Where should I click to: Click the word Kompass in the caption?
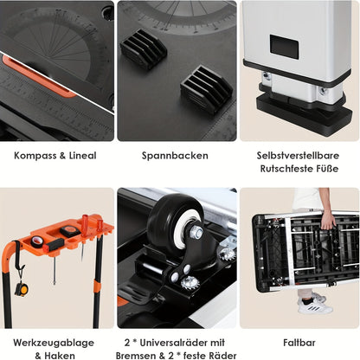(35, 156)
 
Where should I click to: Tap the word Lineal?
(82, 156)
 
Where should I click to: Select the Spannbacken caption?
(175, 156)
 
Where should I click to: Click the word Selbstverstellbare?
(298, 156)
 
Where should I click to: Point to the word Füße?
(327, 169)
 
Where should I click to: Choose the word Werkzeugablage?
(54, 343)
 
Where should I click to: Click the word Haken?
(60, 356)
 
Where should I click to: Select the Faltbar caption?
(299, 343)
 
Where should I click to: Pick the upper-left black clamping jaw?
(144, 49)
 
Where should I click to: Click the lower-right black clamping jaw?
(206, 89)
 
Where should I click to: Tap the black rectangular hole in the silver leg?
(284, 47)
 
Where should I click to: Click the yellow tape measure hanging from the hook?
(22, 289)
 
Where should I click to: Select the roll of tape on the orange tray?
(37, 241)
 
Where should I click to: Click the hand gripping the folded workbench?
(328, 220)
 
